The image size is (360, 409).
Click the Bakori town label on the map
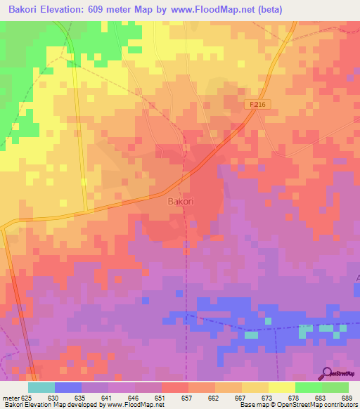pyautogui.click(x=181, y=201)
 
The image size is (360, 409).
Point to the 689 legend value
pyautogui.click(x=346, y=396)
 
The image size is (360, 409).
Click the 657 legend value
pyautogui.click(x=187, y=396)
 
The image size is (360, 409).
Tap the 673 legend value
pyautogui.click(x=266, y=396)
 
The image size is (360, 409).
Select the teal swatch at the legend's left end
pyautogui.click(x=41, y=387)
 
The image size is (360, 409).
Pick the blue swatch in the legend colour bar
pyautogui.click(x=68, y=387)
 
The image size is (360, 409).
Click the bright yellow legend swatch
pyautogui.click(x=282, y=387)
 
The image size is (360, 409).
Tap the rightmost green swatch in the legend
pyautogui.click(x=335, y=387)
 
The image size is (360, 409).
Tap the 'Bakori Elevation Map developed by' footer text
pyautogui.click(x=50, y=404)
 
